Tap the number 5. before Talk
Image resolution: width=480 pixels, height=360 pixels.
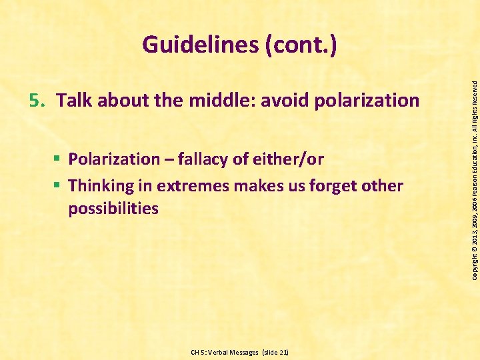[x=38, y=101]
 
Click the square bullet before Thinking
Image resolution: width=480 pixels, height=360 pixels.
[x=59, y=185]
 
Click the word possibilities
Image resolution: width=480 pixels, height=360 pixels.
[x=113, y=209]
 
